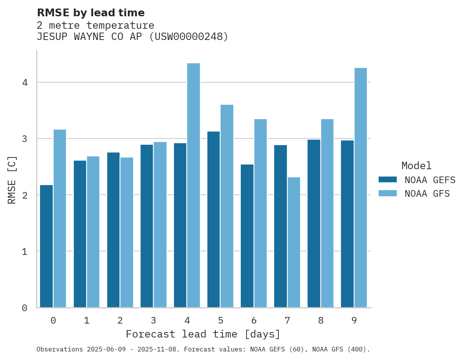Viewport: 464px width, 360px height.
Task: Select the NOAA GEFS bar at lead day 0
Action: [x=46, y=246]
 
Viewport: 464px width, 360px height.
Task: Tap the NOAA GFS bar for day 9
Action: [x=360, y=188]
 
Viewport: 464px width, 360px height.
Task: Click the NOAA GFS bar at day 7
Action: [x=294, y=242]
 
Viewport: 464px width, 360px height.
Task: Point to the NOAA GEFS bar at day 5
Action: [x=214, y=220]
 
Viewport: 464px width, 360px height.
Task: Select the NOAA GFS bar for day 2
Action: [x=127, y=232]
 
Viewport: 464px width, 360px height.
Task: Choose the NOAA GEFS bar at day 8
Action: [x=314, y=223]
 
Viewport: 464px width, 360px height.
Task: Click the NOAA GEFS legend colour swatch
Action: [x=388, y=180]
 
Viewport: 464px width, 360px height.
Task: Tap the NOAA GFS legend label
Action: [x=427, y=194]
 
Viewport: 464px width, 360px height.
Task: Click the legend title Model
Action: [x=416, y=166]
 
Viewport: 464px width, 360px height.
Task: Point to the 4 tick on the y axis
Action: [x=24, y=83]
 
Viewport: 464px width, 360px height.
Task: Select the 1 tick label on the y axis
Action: [x=24, y=251]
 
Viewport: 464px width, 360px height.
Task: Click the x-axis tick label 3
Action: [x=153, y=320]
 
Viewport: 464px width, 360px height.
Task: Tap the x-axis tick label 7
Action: [x=287, y=320]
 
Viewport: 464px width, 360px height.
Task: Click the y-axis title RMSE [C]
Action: [x=12, y=180]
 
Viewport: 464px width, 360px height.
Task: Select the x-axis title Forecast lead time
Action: [x=203, y=334]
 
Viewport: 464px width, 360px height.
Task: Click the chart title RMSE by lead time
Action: [x=90, y=13]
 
